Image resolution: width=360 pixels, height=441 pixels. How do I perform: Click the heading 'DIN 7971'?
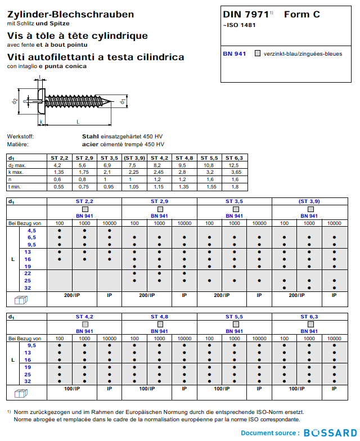(x=245, y=15)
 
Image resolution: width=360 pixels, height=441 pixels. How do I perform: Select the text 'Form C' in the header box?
(x=302, y=15)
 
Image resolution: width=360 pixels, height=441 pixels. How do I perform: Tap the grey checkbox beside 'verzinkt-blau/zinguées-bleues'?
(x=258, y=53)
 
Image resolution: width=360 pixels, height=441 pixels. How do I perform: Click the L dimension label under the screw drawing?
(x=78, y=121)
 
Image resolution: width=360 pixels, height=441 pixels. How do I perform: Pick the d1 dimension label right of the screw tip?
(x=122, y=101)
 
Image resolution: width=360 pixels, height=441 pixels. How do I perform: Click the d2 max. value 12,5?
(x=233, y=165)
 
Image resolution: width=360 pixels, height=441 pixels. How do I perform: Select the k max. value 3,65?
(x=236, y=172)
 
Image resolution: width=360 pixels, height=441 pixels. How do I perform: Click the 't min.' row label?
(x=15, y=186)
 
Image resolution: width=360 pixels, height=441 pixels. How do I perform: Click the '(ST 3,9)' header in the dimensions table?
(x=134, y=158)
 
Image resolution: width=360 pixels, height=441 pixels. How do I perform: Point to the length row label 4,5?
(x=31, y=231)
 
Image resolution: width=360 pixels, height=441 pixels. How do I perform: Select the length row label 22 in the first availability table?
(x=28, y=273)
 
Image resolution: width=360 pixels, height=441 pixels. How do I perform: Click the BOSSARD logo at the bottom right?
(x=330, y=433)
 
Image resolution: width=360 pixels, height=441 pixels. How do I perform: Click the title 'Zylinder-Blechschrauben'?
(x=70, y=14)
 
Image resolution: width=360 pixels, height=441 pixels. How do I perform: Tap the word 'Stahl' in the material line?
(x=91, y=137)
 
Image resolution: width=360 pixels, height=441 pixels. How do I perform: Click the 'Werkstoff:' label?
(x=20, y=137)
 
